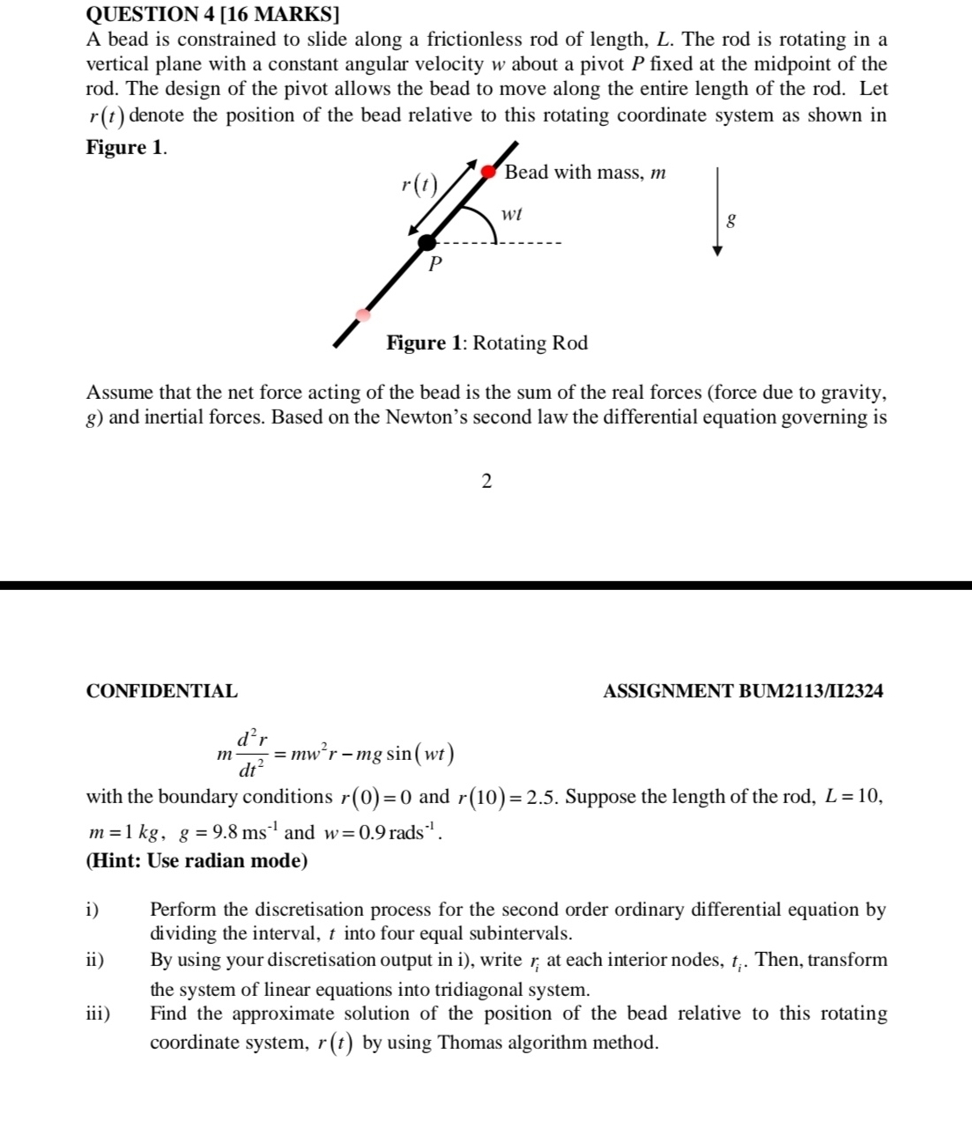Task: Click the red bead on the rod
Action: click(489, 172)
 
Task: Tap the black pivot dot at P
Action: click(427, 243)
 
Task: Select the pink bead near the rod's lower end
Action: click(362, 314)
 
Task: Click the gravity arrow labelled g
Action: click(717, 211)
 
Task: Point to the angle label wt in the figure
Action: click(511, 214)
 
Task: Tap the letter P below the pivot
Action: click(434, 263)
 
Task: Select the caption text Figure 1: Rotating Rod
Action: click(486, 343)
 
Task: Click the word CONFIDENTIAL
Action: click(162, 691)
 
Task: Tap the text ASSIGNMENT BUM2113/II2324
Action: click(743, 691)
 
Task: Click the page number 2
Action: click(486, 481)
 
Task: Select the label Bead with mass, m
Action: click(585, 173)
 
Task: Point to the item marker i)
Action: click(93, 910)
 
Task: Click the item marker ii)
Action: click(95, 960)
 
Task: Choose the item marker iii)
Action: click(98, 1014)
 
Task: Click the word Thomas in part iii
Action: click(469, 1043)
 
